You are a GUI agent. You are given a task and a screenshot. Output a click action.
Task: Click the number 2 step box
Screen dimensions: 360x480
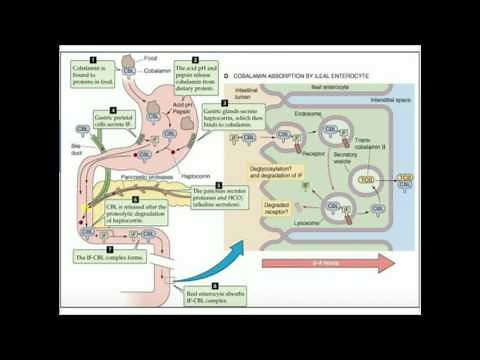(196, 61)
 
